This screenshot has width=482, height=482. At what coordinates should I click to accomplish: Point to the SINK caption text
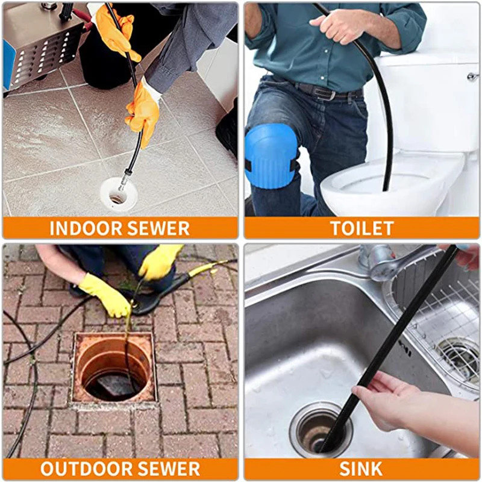coord(361,469)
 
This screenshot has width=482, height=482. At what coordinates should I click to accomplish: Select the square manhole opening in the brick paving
coord(114,368)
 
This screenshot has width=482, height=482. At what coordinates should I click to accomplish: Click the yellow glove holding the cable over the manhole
coord(106,295)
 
